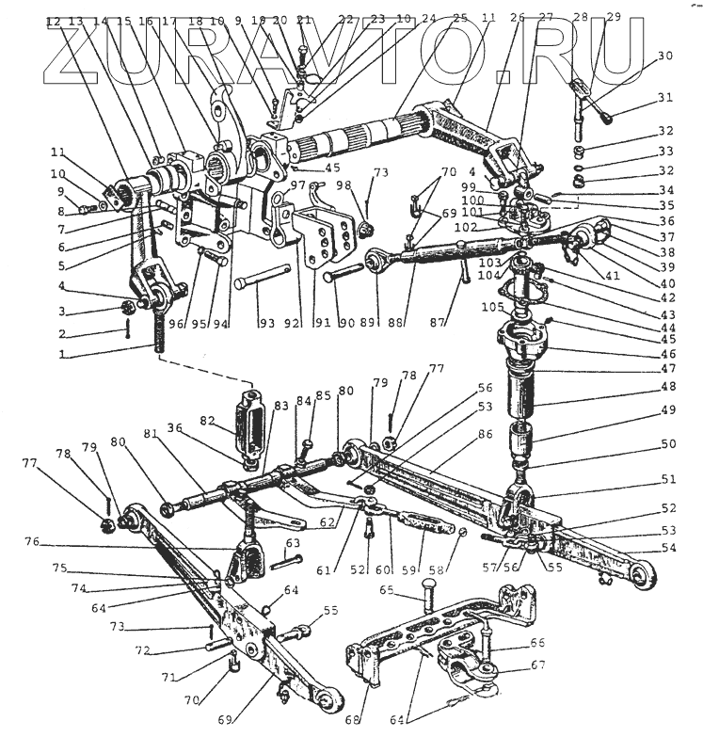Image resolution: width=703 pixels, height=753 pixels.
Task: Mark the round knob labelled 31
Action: tap(611, 119)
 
